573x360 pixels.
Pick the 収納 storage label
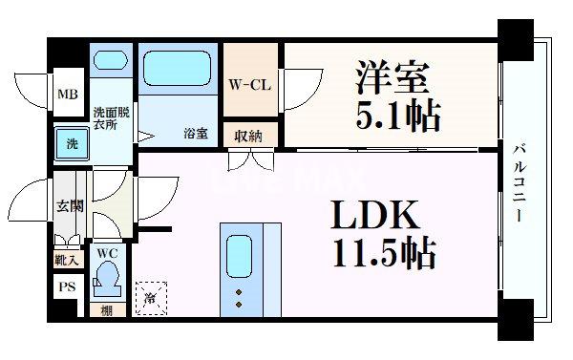248,135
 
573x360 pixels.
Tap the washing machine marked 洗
72,143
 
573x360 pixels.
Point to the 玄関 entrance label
70,204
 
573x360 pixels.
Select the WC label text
108,253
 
